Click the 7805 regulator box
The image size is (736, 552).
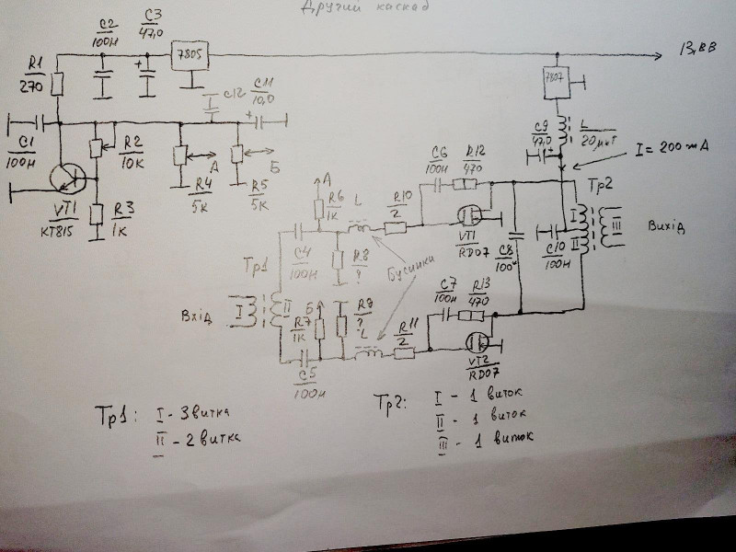191,58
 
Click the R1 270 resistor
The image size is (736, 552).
57,85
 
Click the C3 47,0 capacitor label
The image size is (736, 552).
152,24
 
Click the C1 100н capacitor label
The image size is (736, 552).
25,155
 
